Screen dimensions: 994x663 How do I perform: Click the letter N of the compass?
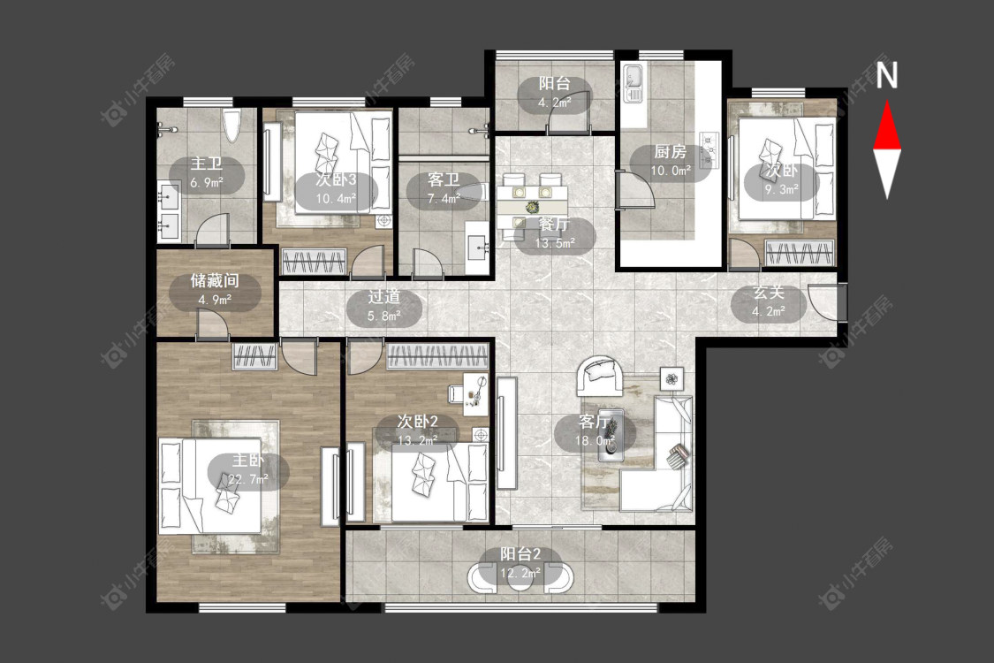click(x=887, y=75)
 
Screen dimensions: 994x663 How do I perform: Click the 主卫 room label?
click(x=207, y=164)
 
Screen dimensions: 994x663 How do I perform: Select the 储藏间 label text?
click(x=215, y=280)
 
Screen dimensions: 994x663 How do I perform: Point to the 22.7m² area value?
click(x=248, y=479)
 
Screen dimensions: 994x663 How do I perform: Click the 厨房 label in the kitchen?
click(x=670, y=152)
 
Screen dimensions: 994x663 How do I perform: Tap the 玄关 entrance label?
click(x=769, y=293)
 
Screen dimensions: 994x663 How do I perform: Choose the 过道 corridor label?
click(x=384, y=297)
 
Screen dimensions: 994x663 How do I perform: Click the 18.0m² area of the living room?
click(x=596, y=440)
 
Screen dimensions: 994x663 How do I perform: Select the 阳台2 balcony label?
click(x=520, y=554)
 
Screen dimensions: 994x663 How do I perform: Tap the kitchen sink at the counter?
click(x=634, y=82)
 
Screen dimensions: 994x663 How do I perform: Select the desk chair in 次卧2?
click(x=457, y=394)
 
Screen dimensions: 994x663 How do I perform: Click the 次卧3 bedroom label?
click(x=336, y=179)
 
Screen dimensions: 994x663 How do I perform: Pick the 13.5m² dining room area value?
click(x=555, y=243)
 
